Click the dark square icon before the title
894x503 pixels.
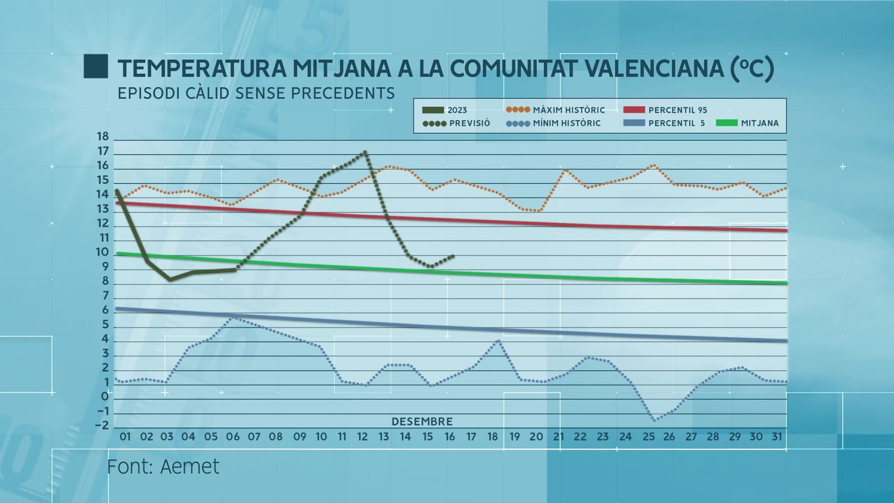[x=96, y=67]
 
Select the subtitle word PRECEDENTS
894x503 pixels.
[x=343, y=93]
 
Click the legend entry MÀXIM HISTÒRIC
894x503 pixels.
[x=568, y=110]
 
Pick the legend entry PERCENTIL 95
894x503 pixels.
[x=677, y=110]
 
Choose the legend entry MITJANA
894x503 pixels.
[x=759, y=123]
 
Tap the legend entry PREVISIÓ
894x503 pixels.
[x=469, y=123]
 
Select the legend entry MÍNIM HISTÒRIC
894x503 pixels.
[x=566, y=123]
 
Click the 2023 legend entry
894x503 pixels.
[x=456, y=110]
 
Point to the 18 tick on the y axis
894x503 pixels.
[x=103, y=136]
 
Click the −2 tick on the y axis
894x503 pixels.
[x=102, y=425]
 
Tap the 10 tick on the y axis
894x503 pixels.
[x=102, y=252]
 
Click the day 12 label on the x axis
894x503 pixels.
[x=363, y=436]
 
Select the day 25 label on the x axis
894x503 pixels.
[x=648, y=436]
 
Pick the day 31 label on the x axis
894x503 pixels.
[x=777, y=436]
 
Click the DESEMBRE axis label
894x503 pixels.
[x=422, y=421]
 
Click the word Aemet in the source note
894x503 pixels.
[x=190, y=467]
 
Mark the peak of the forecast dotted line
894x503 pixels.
[x=365, y=152]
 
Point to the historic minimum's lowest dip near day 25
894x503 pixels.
[x=654, y=420]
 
